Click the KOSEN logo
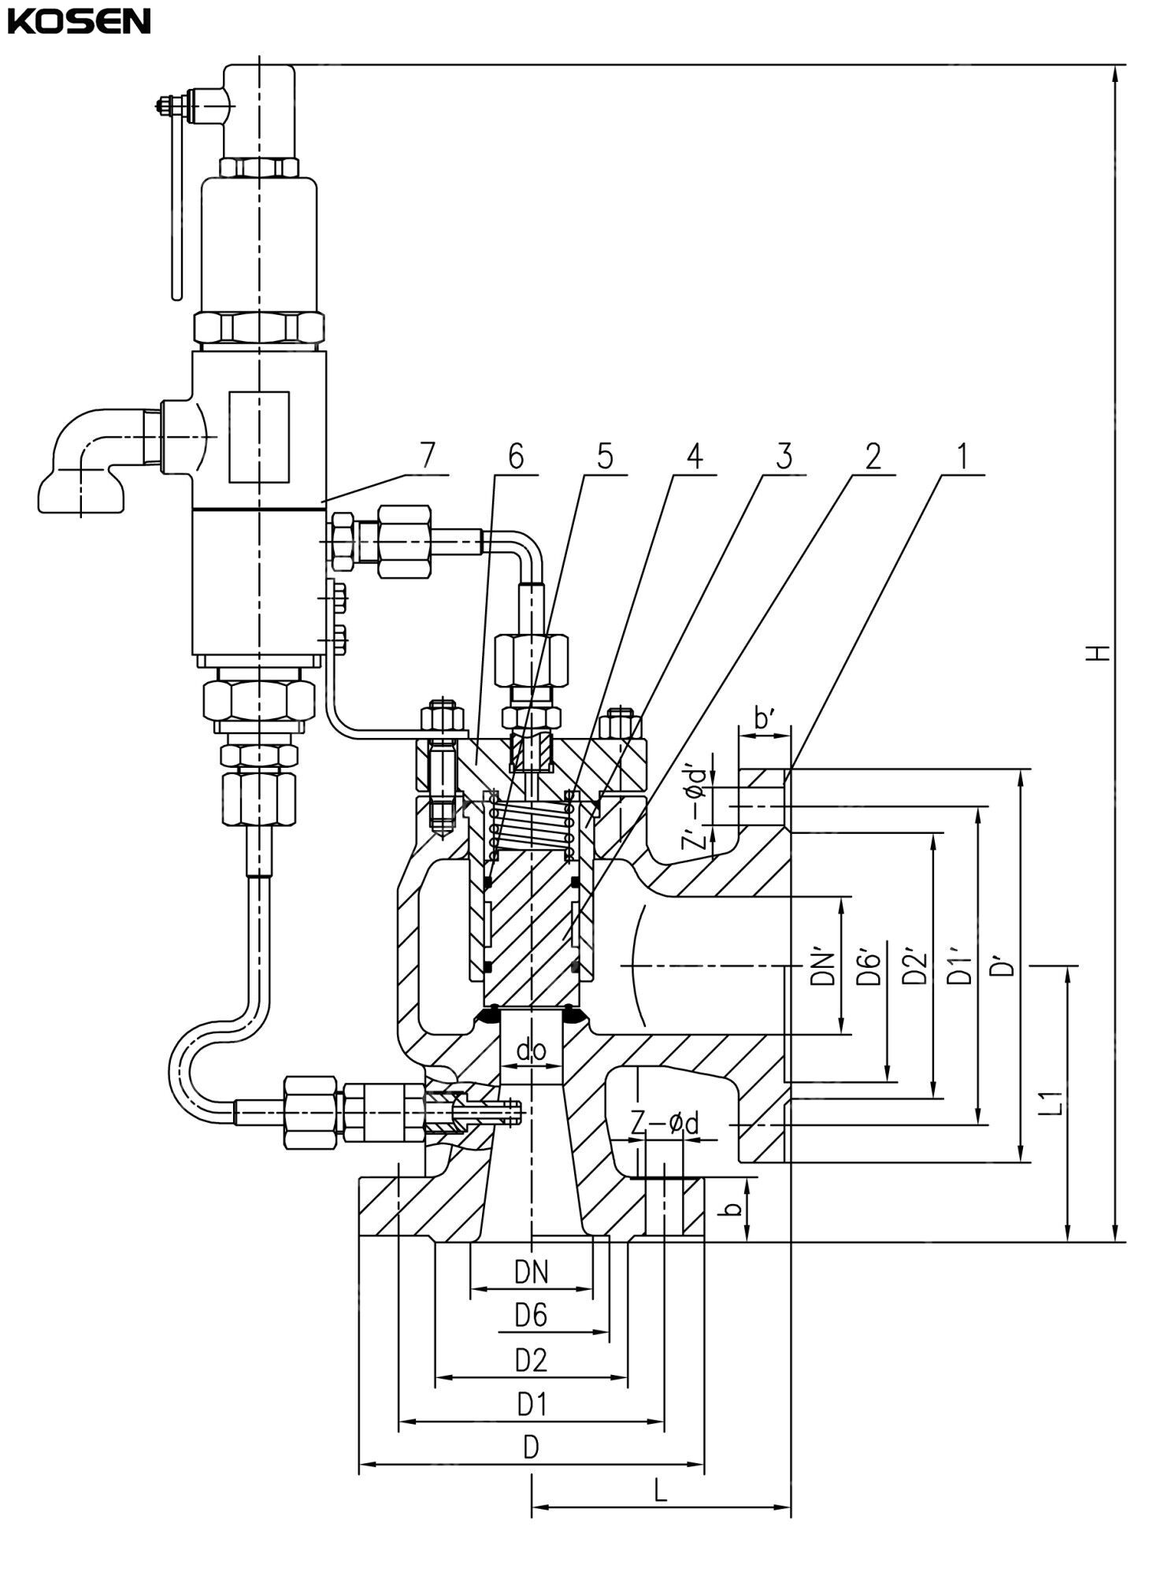tap(79, 22)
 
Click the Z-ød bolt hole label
tap(665, 1124)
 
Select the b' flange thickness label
tap(764, 719)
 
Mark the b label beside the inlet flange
tap(733, 1208)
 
